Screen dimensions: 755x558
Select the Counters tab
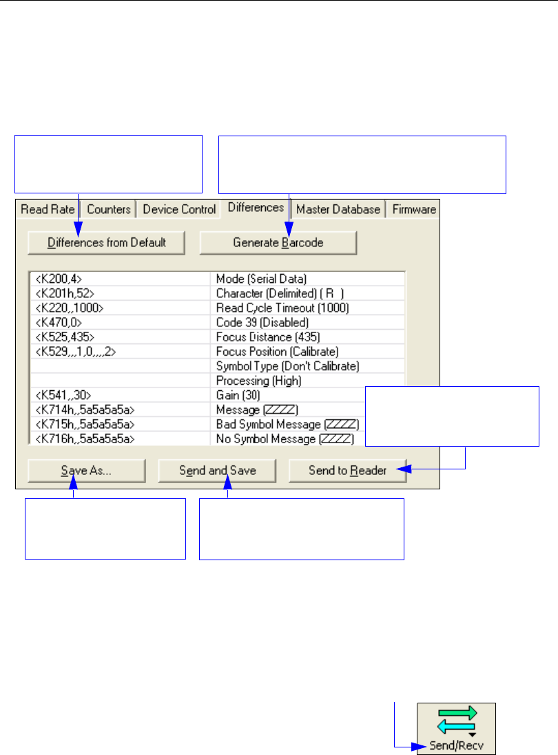[110, 209]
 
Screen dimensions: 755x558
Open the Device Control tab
[179, 209]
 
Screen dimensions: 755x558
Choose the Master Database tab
[338, 209]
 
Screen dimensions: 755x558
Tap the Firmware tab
[414, 209]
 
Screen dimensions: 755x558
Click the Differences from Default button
[107, 242]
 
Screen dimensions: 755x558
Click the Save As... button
[86, 471]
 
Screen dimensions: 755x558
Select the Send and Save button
[218, 471]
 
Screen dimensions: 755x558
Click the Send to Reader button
[348, 471]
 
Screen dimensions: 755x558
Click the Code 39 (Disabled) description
[262, 321]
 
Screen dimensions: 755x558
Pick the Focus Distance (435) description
[267, 337]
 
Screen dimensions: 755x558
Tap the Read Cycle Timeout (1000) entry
[282, 308]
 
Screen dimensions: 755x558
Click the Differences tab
[256, 207]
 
